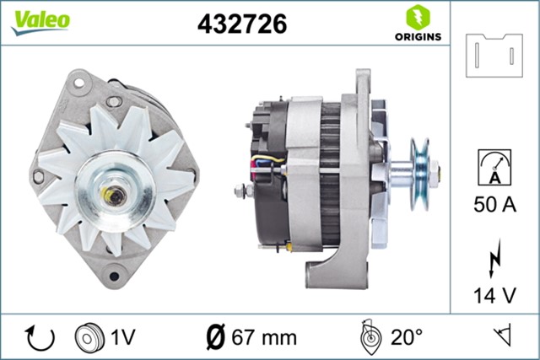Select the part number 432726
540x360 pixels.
(x=242, y=25)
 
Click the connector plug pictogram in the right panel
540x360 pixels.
(x=494, y=54)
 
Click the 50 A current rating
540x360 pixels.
(x=494, y=205)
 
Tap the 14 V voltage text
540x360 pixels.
(x=494, y=296)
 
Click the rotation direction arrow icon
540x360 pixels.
(x=40, y=337)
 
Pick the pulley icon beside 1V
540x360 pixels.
(x=88, y=337)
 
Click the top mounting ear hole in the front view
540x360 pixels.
(x=81, y=83)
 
